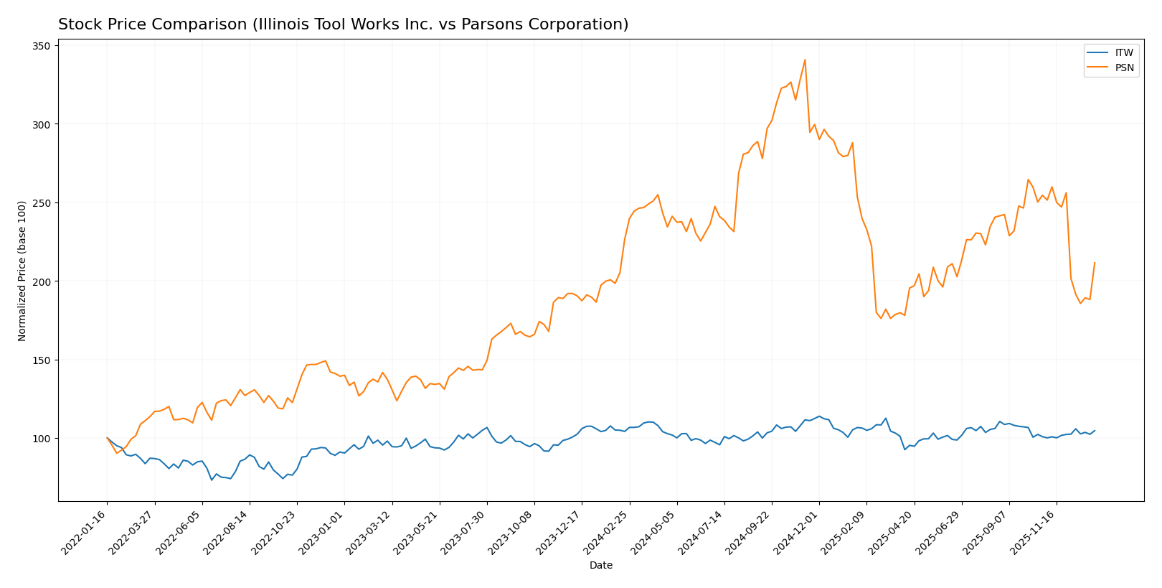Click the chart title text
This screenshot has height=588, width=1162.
tap(343, 24)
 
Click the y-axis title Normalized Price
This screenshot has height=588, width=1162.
tap(22, 271)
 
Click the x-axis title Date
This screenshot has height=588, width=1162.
tap(600, 566)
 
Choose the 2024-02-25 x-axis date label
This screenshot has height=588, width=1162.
tap(608, 532)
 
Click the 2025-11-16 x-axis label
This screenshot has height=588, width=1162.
tap(1035, 532)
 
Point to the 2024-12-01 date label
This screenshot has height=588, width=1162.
tap(798, 532)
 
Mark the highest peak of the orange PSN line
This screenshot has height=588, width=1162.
tap(805, 60)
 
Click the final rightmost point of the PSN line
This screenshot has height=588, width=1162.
tap(1095, 263)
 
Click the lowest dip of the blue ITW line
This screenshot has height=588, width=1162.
tap(212, 480)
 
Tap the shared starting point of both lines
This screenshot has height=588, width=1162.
tap(108, 438)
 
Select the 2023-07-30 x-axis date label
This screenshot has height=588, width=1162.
tap(466, 532)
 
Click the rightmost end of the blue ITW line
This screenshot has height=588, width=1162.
tap(1095, 431)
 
